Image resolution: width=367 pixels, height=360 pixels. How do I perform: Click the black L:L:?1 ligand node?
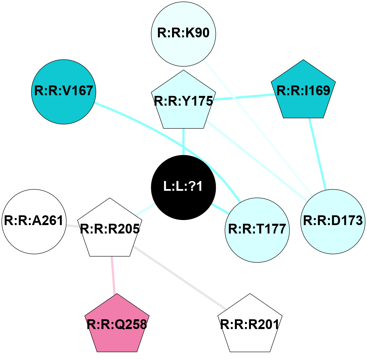pyautogui.click(x=183, y=187)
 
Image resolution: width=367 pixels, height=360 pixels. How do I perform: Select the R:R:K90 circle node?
pyautogui.click(x=183, y=34)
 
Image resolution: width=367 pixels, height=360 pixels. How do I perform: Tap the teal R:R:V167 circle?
pyautogui.click(x=64, y=92)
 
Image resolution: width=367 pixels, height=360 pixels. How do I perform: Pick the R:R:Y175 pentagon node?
pyautogui.click(x=183, y=101)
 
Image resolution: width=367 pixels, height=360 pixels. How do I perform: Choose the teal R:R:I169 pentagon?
pyautogui.click(x=303, y=91)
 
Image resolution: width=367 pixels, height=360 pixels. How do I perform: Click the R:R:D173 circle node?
pyautogui.click(x=333, y=221)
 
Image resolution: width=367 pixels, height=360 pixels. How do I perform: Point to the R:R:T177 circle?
pyautogui.click(x=257, y=229)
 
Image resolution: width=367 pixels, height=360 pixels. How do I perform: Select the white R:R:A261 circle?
pyautogui.click(x=34, y=221)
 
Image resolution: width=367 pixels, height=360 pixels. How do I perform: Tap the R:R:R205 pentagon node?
pyautogui.click(x=110, y=229)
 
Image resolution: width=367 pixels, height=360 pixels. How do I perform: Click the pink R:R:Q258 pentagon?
pyautogui.click(x=117, y=324)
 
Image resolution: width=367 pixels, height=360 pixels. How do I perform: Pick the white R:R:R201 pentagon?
pyautogui.click(x=250, y=324)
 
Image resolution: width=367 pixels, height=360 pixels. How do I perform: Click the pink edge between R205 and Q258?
pyautogui.click(x=113, y=275)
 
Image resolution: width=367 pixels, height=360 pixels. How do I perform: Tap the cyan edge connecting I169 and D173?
pyautogui.click(x=317, y=153)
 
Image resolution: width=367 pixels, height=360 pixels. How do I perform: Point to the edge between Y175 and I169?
pyautogui.click(x=243, y=97)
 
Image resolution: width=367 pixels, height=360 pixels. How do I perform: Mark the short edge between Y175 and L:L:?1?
pyautogui.click(x=183, y=141)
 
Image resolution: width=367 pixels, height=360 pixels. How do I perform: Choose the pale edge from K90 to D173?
pyautogui.click(x=255, y=128)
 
